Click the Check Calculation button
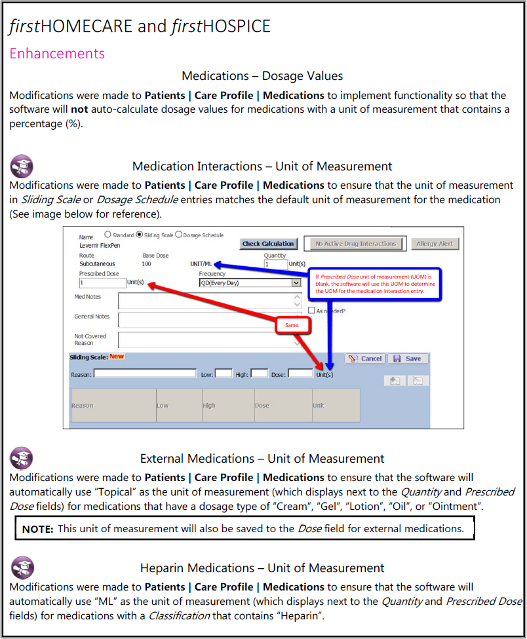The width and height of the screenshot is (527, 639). tap(268, 244)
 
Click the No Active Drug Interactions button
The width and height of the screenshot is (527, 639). tap(356, 244)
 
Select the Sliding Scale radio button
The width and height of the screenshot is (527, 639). tap(139, 235)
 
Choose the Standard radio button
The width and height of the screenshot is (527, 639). tap(108, 235)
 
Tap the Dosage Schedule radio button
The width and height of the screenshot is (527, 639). tap(178, 235)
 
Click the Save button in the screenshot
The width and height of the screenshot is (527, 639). tap(408, 358)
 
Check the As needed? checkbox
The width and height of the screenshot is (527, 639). tap(312, 311)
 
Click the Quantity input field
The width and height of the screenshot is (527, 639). tap(276, 264)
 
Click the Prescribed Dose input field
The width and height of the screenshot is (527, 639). tap(102, 282)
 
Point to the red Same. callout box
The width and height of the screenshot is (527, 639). tap(292, 325)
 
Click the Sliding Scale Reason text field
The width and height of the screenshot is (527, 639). tap(145, 374)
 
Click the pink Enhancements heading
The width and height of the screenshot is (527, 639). tap(57, 53)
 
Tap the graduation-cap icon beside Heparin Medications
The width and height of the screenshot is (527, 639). tap(23, 568)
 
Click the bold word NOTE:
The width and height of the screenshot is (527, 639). tap(37, 528)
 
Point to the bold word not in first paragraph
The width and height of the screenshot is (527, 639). tap(79, 109)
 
